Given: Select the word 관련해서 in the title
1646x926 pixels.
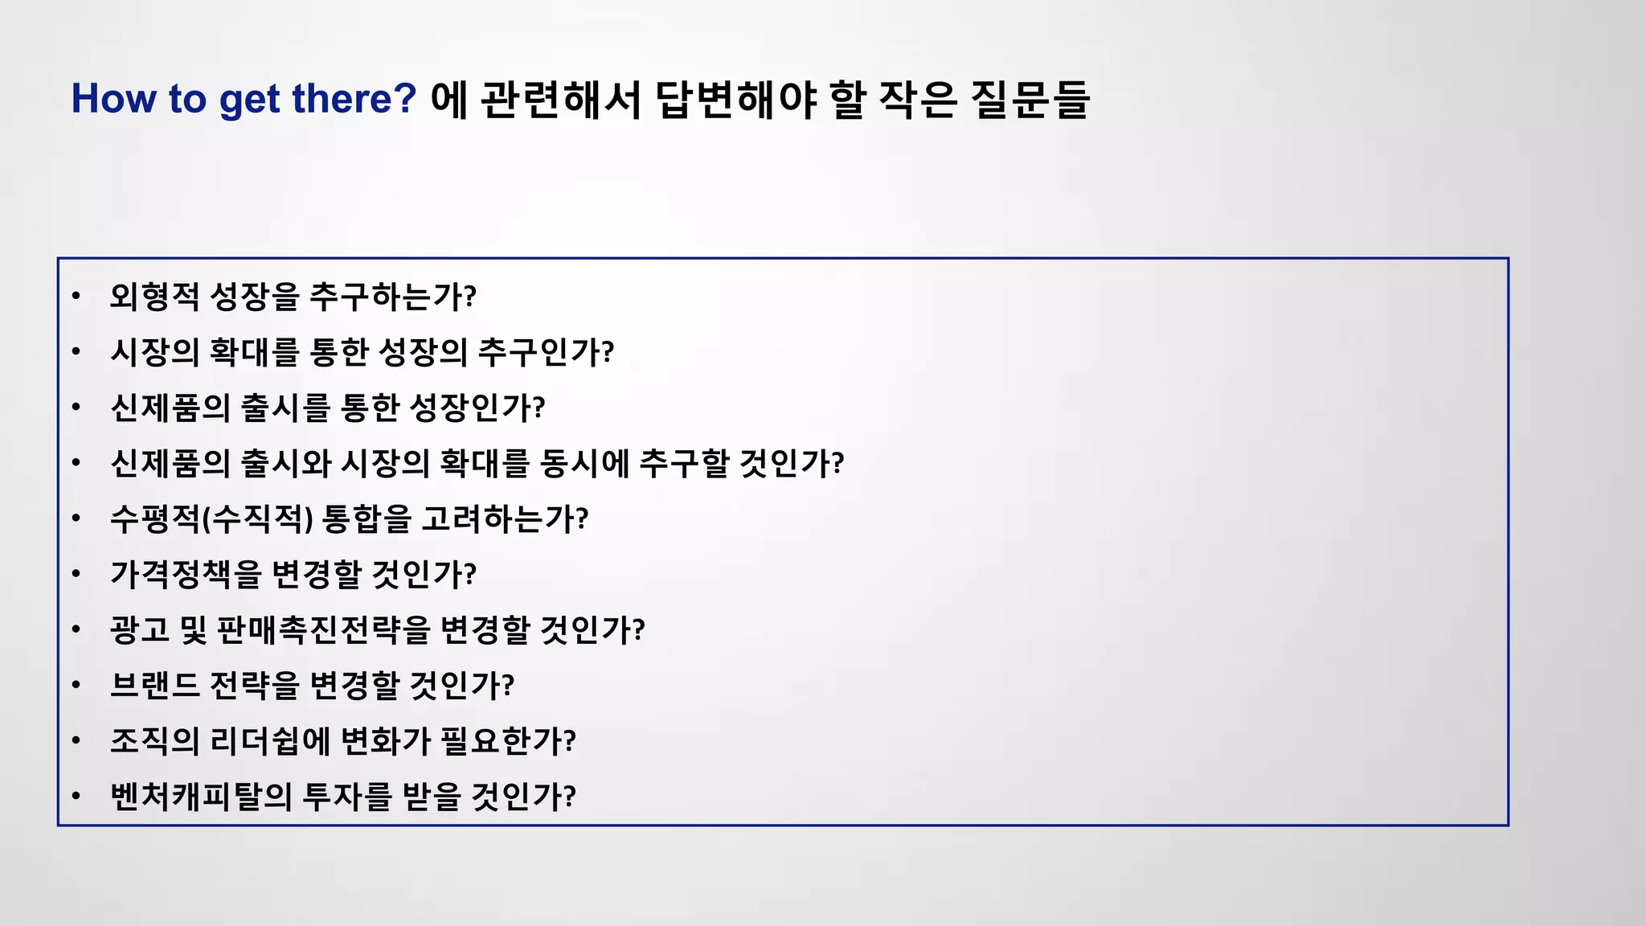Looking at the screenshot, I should [561, 100].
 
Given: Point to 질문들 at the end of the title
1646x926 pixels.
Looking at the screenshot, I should [1030, 100].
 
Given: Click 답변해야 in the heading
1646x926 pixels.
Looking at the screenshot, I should [736, 100].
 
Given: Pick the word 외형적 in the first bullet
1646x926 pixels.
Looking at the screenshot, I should [154, 297].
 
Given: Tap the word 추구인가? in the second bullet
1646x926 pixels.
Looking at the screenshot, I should [547, 352].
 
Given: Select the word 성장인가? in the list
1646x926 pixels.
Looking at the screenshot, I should [477, 408].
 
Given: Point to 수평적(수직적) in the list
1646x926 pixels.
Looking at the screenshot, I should [211, 518].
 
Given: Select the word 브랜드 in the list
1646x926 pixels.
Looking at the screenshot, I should [154, 685].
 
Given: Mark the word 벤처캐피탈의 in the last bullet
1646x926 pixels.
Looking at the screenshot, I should [201, 796].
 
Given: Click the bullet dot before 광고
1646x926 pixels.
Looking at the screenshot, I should [76, 629].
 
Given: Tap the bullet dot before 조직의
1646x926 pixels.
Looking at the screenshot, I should [76, 740].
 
